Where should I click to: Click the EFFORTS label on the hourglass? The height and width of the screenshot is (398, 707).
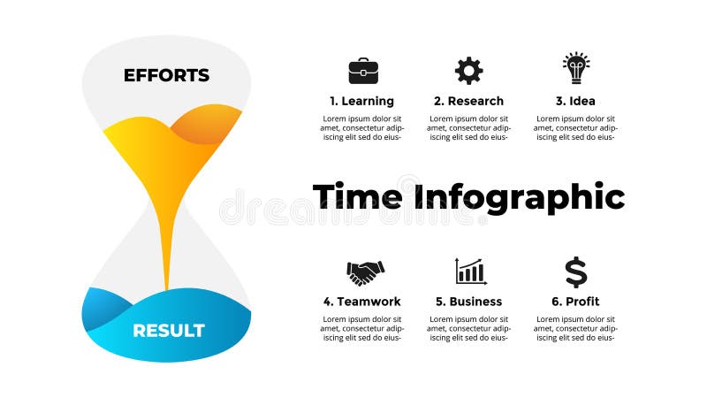(166, 75)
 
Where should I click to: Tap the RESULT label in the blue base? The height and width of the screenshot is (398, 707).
(169, 331)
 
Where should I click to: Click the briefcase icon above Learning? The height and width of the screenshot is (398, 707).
(363, 71)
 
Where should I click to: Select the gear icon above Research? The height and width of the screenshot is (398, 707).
(469, 71)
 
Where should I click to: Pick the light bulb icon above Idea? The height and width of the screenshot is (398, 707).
(576, 68)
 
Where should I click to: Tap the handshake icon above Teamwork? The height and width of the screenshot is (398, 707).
(365, 272)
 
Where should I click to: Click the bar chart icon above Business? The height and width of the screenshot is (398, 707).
(471, 272)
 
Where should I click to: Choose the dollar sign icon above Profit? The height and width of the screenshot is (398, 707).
(576, 272)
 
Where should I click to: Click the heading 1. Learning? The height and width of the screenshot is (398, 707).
(361, 101)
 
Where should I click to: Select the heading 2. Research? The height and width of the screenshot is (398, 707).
(469, 101)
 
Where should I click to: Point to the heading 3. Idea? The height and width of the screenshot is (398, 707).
(576, 101)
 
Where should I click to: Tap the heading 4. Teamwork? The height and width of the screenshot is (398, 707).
(361, 302)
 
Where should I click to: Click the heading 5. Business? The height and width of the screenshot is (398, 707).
(469, 302)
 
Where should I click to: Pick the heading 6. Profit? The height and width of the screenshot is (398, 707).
(576, 302)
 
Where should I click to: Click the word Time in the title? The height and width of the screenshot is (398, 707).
(357, 195)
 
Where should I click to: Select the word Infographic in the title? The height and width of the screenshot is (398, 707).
(520, 197)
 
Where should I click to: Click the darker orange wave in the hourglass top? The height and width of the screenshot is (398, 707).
(205, 124)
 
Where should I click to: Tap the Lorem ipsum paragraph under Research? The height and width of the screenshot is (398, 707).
(469, 127)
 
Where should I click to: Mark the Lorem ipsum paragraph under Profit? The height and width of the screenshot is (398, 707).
(576, 328)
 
